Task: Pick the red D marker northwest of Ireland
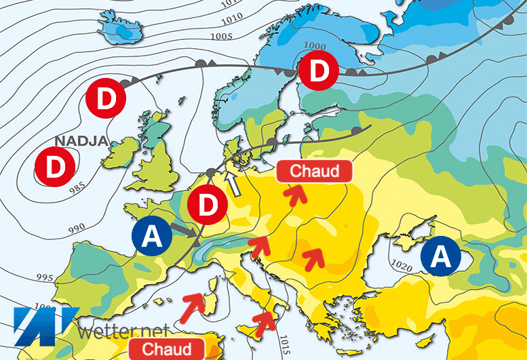(106, 101)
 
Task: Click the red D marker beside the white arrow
(208, 204)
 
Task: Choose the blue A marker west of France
(154, 237)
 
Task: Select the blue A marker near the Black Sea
(440, 256)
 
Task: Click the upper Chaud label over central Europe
(314, 171)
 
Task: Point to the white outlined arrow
(234, 184)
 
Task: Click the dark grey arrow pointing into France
(184, 231)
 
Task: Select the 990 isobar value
(77, 226)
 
